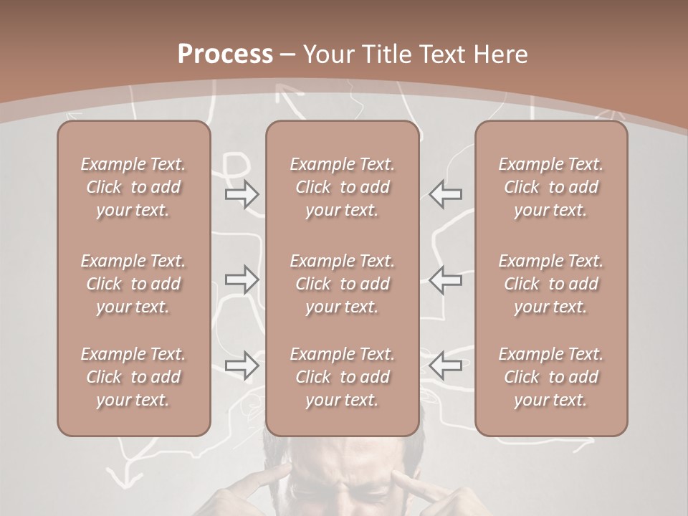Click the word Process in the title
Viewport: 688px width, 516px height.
coord(225,54)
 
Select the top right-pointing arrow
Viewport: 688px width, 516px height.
coord(242,194)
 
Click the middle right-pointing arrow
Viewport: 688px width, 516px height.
coord(242,279)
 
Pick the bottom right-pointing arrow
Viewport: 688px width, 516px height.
coord(242,365)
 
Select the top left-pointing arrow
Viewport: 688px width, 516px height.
coord(446,194)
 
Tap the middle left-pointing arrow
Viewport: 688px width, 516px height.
coord(446,279)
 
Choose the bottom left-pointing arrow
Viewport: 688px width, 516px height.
coord(446,365)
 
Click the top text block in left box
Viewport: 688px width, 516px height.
coord(133,187)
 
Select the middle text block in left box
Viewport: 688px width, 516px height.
coord(133,284)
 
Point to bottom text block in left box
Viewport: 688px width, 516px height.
coord(133,377)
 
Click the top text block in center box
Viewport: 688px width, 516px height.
coord(343,187)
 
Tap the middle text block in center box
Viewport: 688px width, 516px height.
coord(343,284)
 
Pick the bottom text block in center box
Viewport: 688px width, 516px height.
coord(343,377)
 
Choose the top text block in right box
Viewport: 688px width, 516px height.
coord(551,187)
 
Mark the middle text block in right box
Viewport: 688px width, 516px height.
coord(551,284)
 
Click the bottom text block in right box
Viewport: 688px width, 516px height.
coord(551,377)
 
